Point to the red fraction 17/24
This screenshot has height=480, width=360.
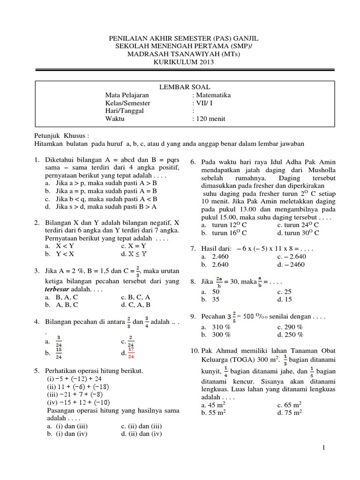pyautogui.click(x=131, y=353)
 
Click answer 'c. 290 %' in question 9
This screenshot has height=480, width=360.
pyautogui.click(x=290, y=327)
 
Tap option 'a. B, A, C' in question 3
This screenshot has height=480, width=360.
pyautogui.click(x=62, y=297)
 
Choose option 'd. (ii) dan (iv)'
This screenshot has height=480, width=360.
pyautogui.click(x=141, y=434)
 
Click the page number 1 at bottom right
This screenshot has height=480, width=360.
pyautogui.click(x=324, y=449)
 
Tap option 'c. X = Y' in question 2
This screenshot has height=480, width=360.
pyautogui.click(x=134, y=246)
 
